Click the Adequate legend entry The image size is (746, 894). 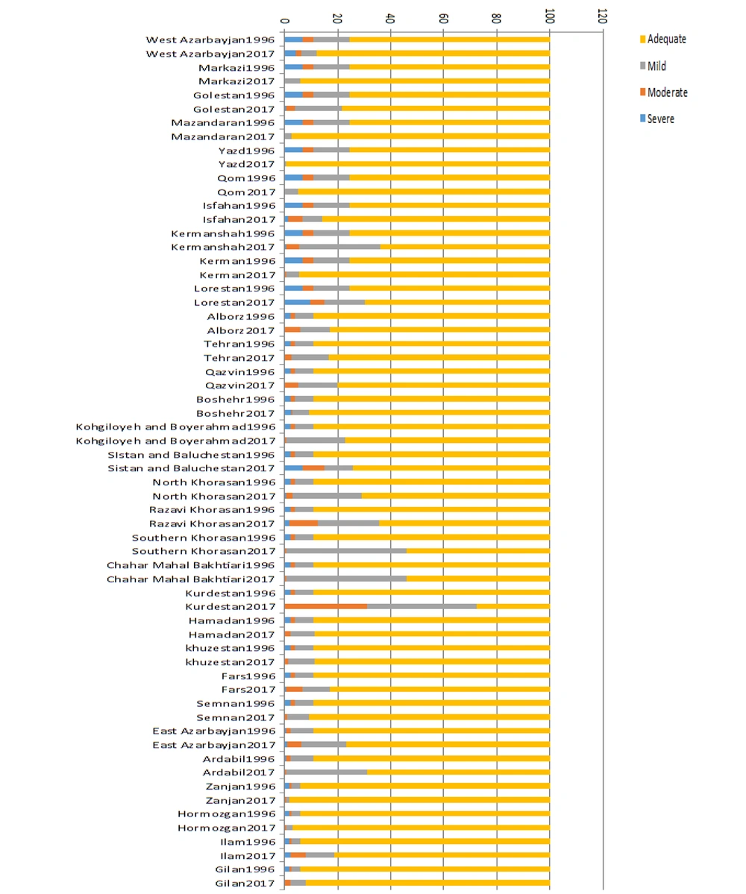[x=662, y=40]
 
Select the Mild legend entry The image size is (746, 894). [x=653, y=66]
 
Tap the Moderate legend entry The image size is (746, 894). [x=663, y=92]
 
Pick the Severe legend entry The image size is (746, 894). [x=657, y=119]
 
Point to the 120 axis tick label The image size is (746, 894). [x=602, y=16]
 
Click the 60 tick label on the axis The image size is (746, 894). [x=444, y=18]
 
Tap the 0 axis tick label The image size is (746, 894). [x=284, y=21]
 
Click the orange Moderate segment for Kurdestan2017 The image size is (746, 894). [x=326, y=606]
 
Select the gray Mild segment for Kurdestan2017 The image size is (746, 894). [x=422, y=606]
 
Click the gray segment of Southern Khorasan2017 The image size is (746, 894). [x=346, y=551]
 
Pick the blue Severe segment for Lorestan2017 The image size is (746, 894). [x=298, y=302]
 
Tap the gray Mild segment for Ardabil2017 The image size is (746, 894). [x=326, y=772]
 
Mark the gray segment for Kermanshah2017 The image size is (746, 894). [x=340, y=247]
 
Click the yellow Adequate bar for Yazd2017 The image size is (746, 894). [x=418, y=164]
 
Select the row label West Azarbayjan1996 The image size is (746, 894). [x=210, y=40]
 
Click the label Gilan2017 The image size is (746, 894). [x=245, y=883]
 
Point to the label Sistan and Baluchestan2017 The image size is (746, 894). [x=192, y=468]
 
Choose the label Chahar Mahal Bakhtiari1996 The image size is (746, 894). [x=191, y=565]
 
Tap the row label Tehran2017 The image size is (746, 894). [x=239, y=358]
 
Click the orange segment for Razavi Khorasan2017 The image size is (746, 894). [x=304, y=523]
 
